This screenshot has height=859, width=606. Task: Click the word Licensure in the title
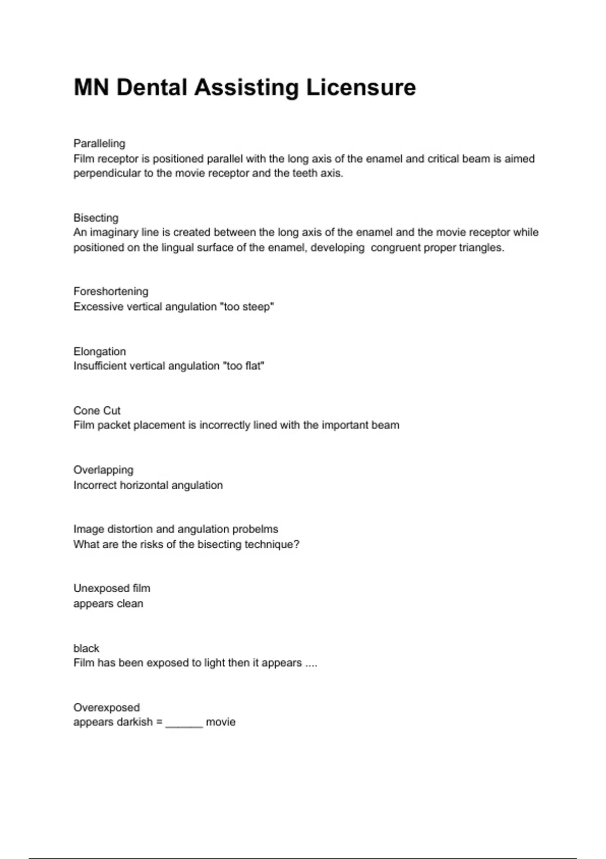click(x=361, y=87)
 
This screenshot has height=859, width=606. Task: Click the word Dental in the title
click(x=152, y=87)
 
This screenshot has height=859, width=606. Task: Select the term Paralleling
click(x=99, y=144)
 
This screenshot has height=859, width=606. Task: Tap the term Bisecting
click(x=96, y=218)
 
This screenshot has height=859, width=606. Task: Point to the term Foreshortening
click(x=111, y=292)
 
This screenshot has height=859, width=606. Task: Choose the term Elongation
click(x=99, y=351)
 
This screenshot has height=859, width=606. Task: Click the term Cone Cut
click(x=97, y=410)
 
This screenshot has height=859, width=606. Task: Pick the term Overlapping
click(x=104, y=470)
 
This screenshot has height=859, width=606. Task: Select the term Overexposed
click(x=107, y=707)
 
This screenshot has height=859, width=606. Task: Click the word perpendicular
click(x=107, y=173)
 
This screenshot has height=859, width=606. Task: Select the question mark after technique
click(x=296, y=544)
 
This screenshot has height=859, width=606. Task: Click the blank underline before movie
click(x=184, y=723)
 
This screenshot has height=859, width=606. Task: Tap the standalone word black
click(x=86, y=648)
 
